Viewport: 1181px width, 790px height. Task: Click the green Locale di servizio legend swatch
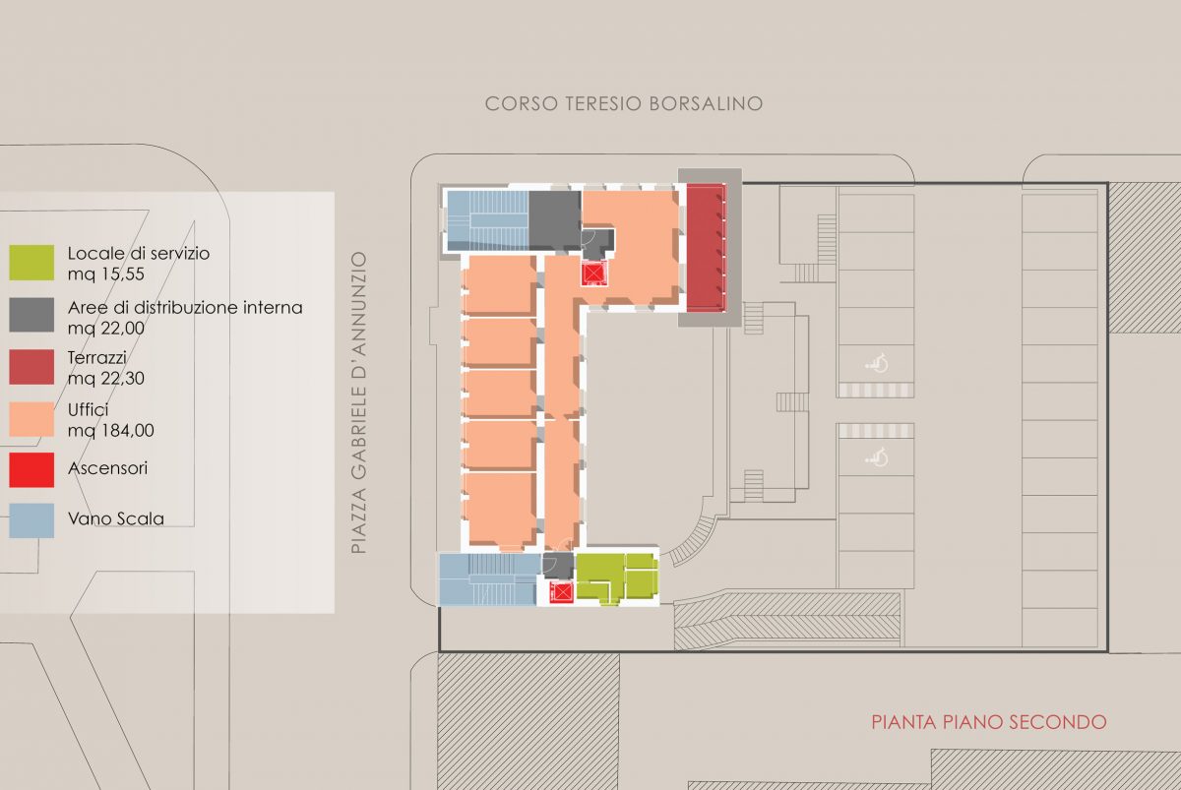click(x=31, y=263)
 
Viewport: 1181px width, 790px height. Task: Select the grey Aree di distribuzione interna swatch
click(x=31, y=315)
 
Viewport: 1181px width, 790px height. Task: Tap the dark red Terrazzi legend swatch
click(x=31, y=367)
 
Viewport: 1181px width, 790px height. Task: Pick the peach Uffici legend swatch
click(x=31, y=419)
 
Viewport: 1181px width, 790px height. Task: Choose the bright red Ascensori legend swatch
click(x=31, y=469)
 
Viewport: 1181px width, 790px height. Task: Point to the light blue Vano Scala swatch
click(x=31, y=520)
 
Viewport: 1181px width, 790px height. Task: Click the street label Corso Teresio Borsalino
click(x=624, y=104)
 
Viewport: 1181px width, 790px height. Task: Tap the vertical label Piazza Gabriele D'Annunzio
click(x=359, y=402)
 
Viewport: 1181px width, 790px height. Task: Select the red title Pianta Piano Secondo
click(x=988, y=721)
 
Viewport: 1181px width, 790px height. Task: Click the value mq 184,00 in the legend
click(x=110, y=431)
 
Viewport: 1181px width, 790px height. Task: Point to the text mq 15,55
click(x=106, y=274)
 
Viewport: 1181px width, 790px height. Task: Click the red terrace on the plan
click(x=706, y=247)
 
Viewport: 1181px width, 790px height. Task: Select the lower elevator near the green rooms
click(x=562, y=592)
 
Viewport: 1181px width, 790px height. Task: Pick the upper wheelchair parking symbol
click(x=877, y=364)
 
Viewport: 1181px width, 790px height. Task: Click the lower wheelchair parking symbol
click(x=877, y=457)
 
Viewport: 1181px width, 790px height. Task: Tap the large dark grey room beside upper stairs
click(x=555, y=220)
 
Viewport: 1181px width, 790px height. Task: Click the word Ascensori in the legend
click(x=107, y=468)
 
